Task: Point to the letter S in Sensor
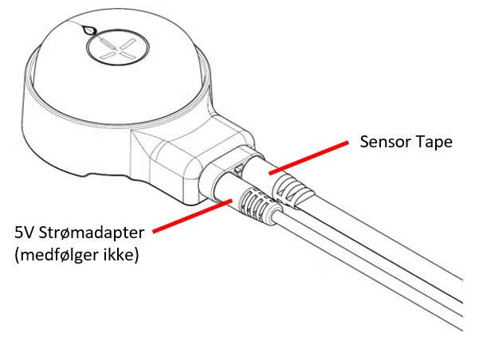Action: pyautogui.click(x=364, y=143)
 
